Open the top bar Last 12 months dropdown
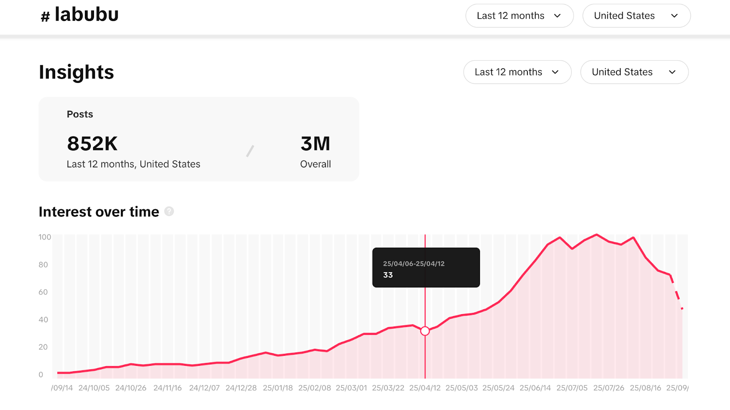[x=519, y=16]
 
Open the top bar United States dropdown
[x=636, y=16]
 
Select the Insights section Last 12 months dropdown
[x=517, y=72]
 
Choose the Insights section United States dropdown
[x=634, y=72]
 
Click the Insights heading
[x=76, y=72]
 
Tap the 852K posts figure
[x=92, y=144]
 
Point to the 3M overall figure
[x=315, y=144]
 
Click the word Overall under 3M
[x=315, y=164]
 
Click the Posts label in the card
[x=80, y=114]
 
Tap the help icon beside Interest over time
[x=169, y=211]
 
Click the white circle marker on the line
[x=425, y=331]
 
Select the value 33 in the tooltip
[x=388, y=275]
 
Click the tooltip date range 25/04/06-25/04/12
[x=413, y=264]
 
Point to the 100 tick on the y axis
[x=45, y=237]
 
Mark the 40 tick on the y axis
[x=43, y=320]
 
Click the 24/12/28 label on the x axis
[x=241, y=388]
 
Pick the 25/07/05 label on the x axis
[x=572, y=388]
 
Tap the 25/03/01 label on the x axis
[x=351, y=388]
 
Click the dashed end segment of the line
[x=677, y=294]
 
